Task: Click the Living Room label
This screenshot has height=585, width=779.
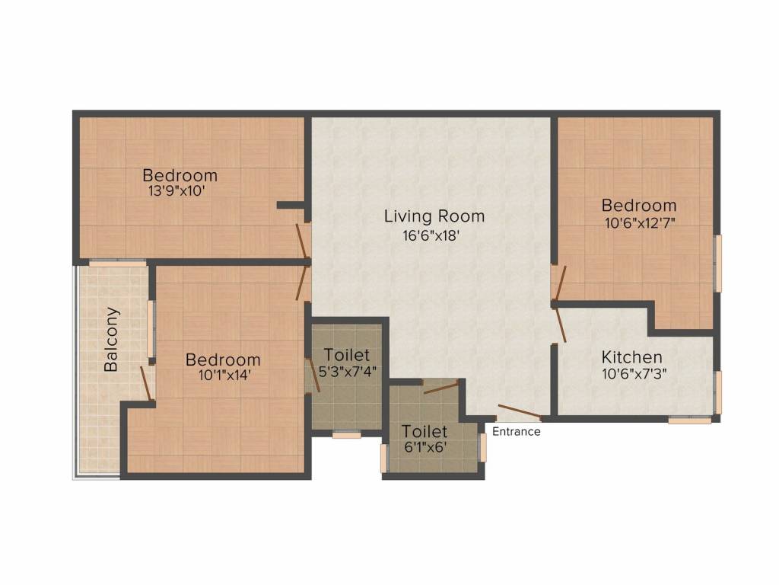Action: pyautogui.click(x=434, y=216)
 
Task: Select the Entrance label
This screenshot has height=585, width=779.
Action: pyautogui.click(x=517, y=432)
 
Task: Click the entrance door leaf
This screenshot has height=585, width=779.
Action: pyautogui.click(x=519, y=411)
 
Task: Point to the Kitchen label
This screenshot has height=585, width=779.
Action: pyautogui.click(x=631, y=357)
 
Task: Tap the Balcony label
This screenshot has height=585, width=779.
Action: pyautogui.click(x=112, y=339)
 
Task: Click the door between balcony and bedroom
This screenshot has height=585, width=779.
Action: pyautogui.click(x=147, y=383)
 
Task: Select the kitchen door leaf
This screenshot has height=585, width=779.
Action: pyautogui.click(x=561, y=323)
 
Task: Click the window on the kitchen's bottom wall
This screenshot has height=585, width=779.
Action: pyautogui.click(x=689, y=419)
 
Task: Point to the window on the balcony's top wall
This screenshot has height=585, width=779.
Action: pyautogui.click(x=117, y=263)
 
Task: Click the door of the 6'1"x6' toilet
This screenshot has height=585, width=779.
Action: pyautogui.click(x=441, y=387)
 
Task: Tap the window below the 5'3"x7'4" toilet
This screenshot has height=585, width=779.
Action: pyautogui.click(x=347, y=434)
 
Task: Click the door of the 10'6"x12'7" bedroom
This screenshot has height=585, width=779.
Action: pyautogui.click(x=560, y=282)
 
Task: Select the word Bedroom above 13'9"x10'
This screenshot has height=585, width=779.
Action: pyautogui.click(x=180, y=176)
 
